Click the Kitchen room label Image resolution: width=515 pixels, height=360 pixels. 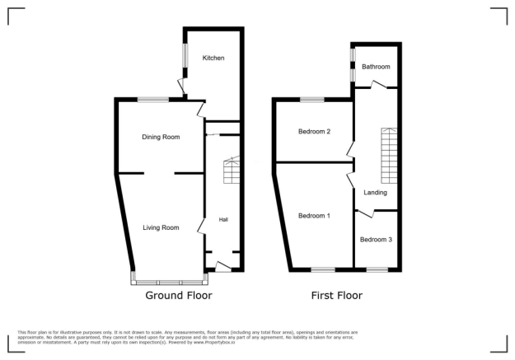[x=212, y=58]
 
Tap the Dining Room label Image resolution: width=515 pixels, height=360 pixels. [x=162, y=137]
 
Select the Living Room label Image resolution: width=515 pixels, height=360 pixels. [x=161, y=227]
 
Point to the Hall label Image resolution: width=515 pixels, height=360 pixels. [x=223, y=220]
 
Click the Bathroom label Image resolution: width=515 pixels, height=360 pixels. [x=376, y=67]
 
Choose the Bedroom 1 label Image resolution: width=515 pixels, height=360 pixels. [x=314, y=216]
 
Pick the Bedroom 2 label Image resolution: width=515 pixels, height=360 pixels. [x=314, y=132]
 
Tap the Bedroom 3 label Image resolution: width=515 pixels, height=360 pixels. [x=376, y=240]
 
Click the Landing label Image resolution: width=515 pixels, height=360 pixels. [x=376, y=193]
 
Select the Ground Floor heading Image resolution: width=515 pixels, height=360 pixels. [x=179, y=295]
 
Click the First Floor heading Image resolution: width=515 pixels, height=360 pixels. [x=336, y=295]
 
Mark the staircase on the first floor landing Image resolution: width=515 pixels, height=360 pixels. [x=388, y=156]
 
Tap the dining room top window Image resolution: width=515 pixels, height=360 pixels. [x=154, y=100]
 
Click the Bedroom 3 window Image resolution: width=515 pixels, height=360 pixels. [x=377, y=269]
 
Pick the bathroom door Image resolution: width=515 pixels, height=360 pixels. [x=380, y=83]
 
